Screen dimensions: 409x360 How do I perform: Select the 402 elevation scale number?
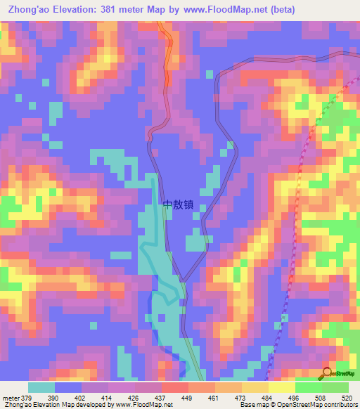(81, 398)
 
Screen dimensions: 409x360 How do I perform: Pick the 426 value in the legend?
(135, 398)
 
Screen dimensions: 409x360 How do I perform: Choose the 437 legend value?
(162, 398)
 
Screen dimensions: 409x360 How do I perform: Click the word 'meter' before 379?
(9, 398)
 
